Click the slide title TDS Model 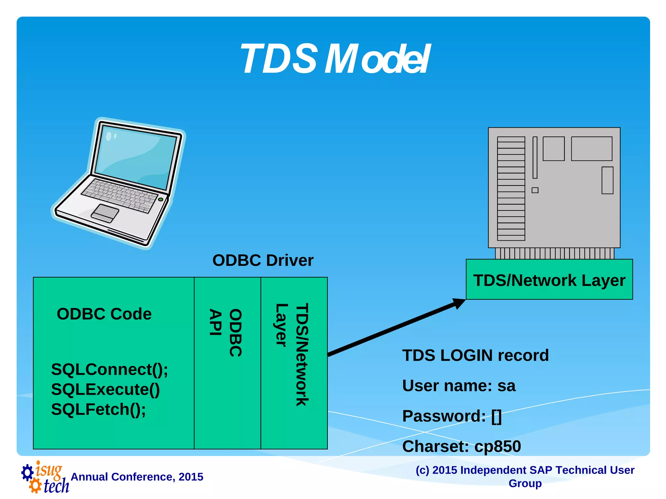tap(335, 59)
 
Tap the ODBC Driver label tap(263, 260)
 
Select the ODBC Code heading tap(104, 314)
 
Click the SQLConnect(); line tap(109, 369)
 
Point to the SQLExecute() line tap(105, 389)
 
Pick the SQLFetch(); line tap(98, 409)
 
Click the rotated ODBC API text tap(226, 332)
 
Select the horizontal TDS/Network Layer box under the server tap(549, 280)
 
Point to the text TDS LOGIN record tap(475, 355)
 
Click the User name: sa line tap(459, 386)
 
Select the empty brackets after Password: tap(497, 416)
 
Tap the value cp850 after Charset tap(498, 446)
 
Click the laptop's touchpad tap(105, 213)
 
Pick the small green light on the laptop tap(161, 199)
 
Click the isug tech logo tap(46, 477)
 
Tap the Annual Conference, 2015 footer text tap(137, 477)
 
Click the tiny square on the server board tap(535, 190)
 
